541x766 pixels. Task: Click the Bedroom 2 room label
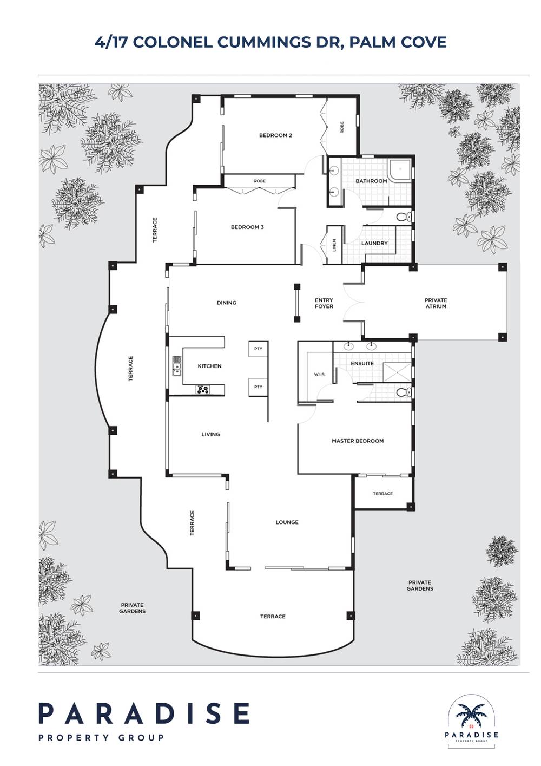(275, 135)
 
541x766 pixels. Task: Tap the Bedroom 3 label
(247, 227)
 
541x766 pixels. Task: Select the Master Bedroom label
(358, 441)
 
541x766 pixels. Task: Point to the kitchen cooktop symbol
(203, 388)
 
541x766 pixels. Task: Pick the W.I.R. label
(319, 375)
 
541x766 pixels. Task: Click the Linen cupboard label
(335, 246)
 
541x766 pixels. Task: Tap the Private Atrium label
(436, 303)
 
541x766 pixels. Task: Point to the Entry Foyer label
(324, 303)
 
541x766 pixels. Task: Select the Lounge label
(287, 522)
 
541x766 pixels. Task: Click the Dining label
(227, 303)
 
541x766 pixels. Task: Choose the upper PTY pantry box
(258, 349)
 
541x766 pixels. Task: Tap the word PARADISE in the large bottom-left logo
(144, 713)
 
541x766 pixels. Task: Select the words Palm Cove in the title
(398, 42)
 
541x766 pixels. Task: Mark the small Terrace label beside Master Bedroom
(382, 494)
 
